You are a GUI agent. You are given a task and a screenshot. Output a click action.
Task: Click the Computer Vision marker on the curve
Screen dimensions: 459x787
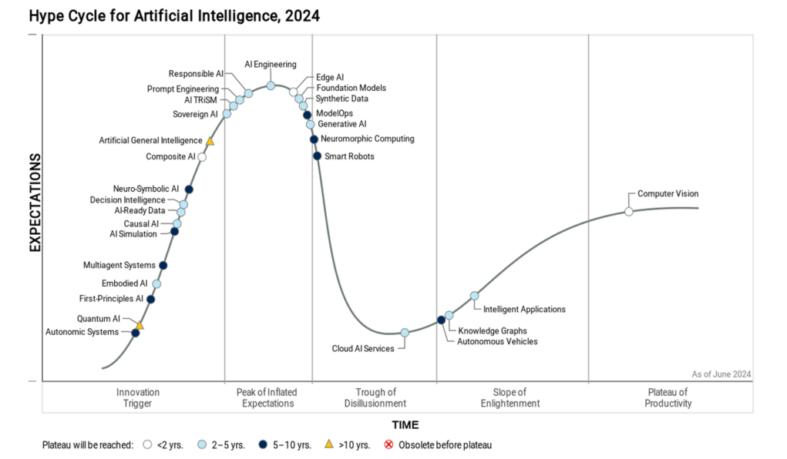(628, 212)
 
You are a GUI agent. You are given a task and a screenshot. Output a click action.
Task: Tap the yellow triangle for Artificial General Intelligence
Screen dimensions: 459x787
(210, 141)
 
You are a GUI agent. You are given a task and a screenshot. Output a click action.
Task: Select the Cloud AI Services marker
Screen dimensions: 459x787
(405, 333)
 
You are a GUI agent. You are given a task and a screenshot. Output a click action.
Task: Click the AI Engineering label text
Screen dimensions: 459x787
(270, 65)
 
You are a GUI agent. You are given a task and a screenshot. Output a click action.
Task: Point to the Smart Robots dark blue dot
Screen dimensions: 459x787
(317, 156)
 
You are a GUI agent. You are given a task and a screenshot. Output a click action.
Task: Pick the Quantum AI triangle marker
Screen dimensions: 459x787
(140, 326)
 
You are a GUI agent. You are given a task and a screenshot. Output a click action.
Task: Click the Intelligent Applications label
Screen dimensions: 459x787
(524, 310)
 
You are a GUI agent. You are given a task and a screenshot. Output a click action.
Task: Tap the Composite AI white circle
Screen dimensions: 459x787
(202, 157)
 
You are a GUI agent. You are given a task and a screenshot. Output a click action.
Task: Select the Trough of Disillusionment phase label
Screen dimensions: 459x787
(375, 398)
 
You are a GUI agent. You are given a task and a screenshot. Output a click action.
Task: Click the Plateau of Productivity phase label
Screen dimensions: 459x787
(669, 398)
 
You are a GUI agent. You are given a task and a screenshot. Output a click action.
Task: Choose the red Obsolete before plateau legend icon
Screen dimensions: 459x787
(388, 444)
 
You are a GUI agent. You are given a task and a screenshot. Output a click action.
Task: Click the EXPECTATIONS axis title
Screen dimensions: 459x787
(35, 203)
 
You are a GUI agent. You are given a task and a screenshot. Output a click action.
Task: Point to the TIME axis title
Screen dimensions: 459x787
(405, 425)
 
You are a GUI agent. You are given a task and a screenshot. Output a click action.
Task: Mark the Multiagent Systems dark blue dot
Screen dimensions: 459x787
(163, 266)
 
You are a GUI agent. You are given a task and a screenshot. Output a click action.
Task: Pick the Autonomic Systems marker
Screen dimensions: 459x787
(136, 333)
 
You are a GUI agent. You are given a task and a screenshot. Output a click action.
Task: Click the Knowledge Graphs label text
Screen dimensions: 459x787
(493, 330)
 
